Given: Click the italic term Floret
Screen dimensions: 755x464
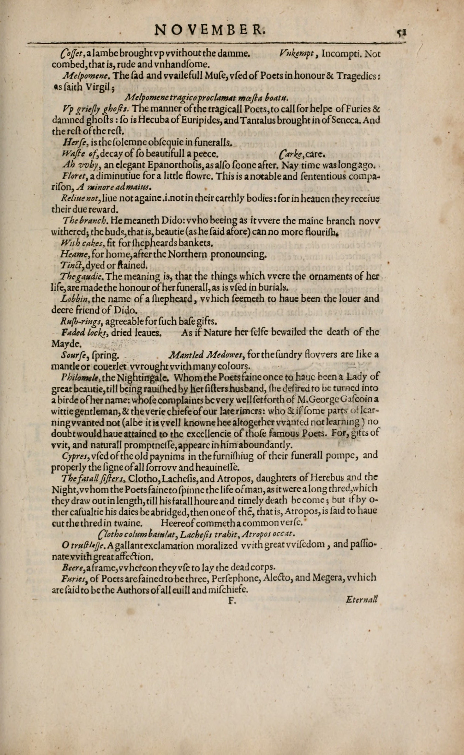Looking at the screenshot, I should [71, 177].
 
